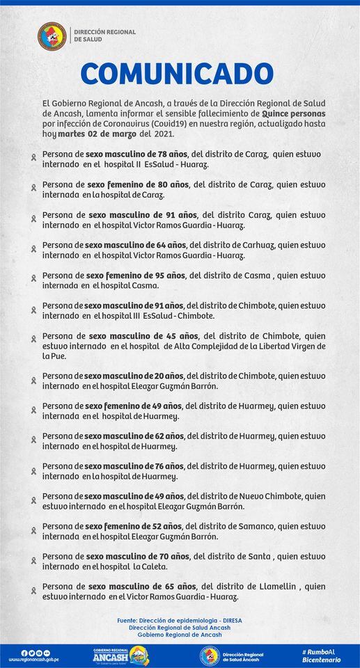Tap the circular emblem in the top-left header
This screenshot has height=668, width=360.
coord(52,35)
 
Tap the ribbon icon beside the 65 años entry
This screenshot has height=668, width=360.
coord(33,591)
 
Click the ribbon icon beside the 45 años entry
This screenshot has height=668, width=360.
coord(33,340)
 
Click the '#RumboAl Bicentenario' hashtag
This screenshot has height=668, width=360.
coord(322,655)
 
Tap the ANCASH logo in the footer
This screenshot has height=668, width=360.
coord(120,655)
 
